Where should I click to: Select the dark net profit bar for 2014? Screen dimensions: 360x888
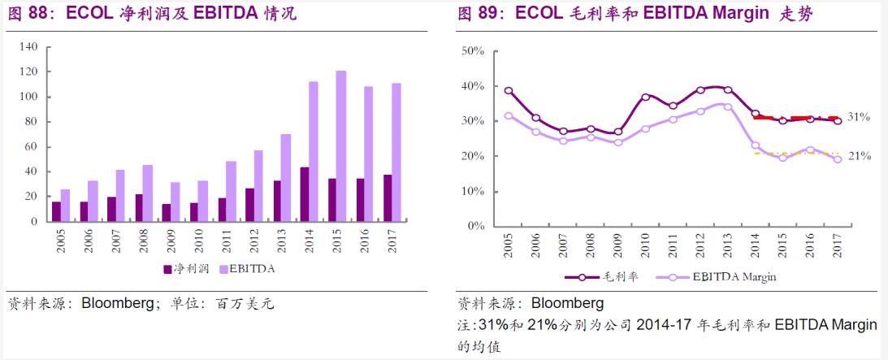(x=305, y=194)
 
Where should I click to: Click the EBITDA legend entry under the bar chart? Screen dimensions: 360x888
(x=247, y=267)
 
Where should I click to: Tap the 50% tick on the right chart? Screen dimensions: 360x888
(x=473, y=50)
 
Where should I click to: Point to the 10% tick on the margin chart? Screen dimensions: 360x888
(x=473, y=191)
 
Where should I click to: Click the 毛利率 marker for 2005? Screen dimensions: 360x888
(x=509, y=91)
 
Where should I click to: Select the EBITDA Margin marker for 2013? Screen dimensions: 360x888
(x=728, y=106)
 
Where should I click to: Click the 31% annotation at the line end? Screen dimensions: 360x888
(x=860, y=117)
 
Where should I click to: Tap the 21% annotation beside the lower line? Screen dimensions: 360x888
(x=860, y=156)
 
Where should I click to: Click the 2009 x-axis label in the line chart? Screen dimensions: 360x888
(x=618, y=246)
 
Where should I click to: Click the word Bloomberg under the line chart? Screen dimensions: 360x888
(x=567, y=304)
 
